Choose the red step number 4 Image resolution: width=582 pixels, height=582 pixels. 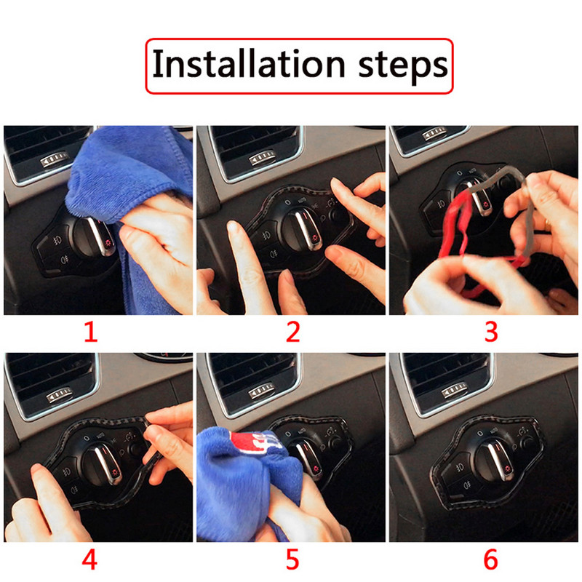(90, 560)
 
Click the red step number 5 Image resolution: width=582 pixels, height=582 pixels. (292, 560)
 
